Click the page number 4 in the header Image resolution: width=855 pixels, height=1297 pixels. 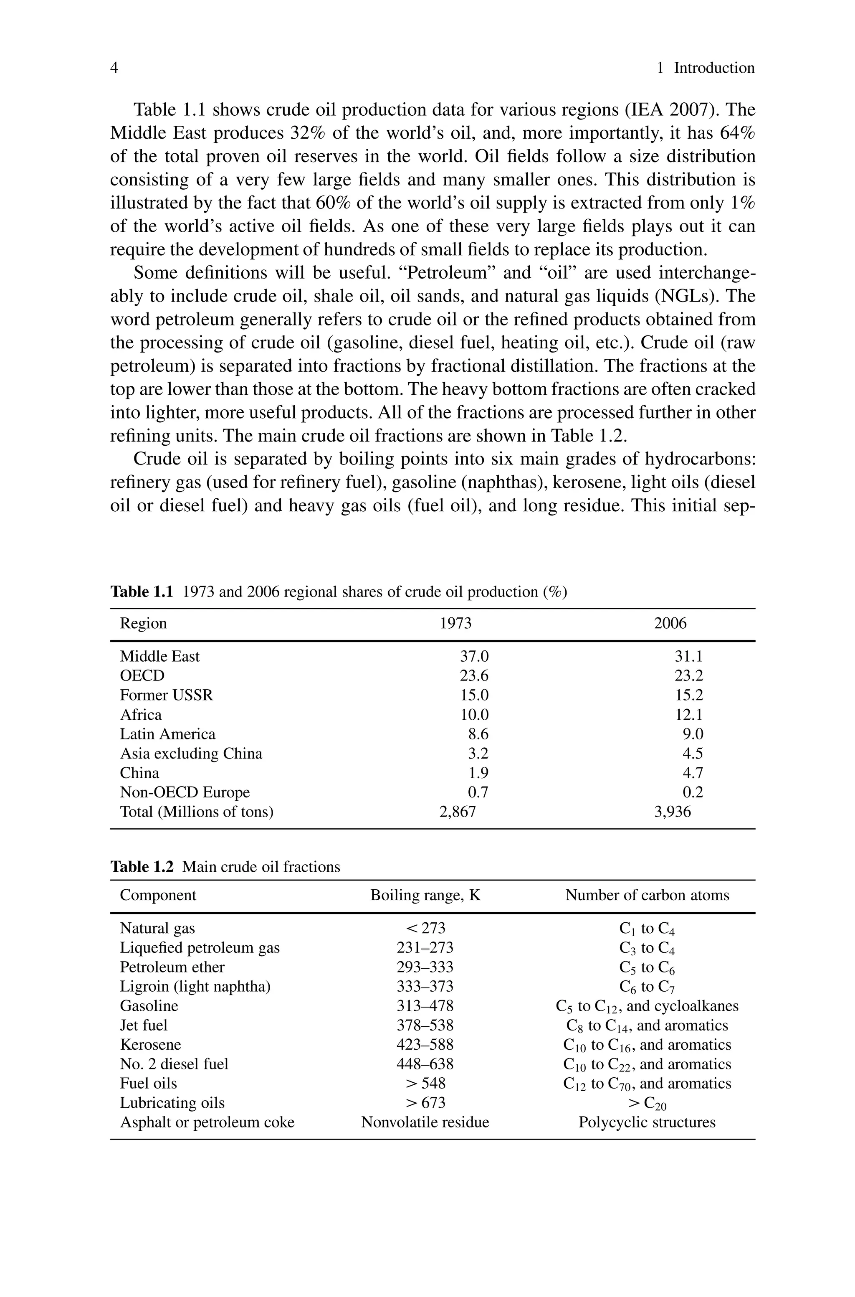pyautogui.click(x=114, y=68)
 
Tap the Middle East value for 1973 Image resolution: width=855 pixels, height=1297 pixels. pyautogui.click(x=474, y=656)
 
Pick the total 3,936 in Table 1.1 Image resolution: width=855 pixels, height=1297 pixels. pyautogui.click(x=672, y=812)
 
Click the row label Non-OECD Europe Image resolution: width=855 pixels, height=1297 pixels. pyautogui.click(x=185, y=792)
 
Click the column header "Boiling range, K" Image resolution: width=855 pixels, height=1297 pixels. pyautogui.click(x=425, y=895)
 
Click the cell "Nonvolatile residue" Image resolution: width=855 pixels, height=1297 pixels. pyautogui.click(x=425, y=1122)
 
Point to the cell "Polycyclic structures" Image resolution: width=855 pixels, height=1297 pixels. pyautogui.click(x=647, y=1122)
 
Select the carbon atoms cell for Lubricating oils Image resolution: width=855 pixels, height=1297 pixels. pyautogui.click(x=647, y=1103)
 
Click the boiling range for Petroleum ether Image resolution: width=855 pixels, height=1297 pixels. pyautogui.click(x=425, y=967)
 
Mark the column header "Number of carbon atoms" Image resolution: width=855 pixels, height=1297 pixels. pyautogui.click(x=647, y=895)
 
